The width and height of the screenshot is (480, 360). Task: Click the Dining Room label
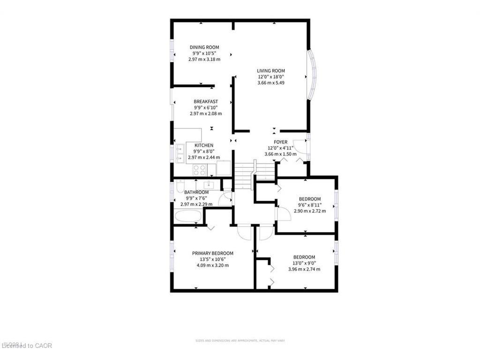pyautogui.click(x=204, y=47)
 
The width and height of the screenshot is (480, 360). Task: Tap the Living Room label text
pyautogui.click(x=271, y=71)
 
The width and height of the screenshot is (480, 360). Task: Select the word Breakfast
pyautogui.click(x=206, y=101)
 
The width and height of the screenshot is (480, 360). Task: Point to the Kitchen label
pyautogui.click(x=204, y=145)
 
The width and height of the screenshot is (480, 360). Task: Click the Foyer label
pyautogui.click(x=281, y=142)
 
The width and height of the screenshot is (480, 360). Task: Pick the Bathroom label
pyautogui.click(x=196, y=192)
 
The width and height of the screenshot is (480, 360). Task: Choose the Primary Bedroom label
pyautogui.click(x=212, y=253)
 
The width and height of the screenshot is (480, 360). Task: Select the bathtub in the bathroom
pyautogui.click(x=188, y=217)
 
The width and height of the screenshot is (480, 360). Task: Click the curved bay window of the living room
pyautogui.click(x=310, y=75)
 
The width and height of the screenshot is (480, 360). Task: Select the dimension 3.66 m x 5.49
pyautogui.click(x=271, y=83)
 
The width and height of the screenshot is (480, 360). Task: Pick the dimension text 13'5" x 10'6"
pyautogui.click(x=212, y=259)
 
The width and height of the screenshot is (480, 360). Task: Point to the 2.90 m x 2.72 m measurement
pyautogui.click(x=310, y=211)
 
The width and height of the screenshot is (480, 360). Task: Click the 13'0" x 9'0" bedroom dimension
pyautogui.click(x=304, y=263)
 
